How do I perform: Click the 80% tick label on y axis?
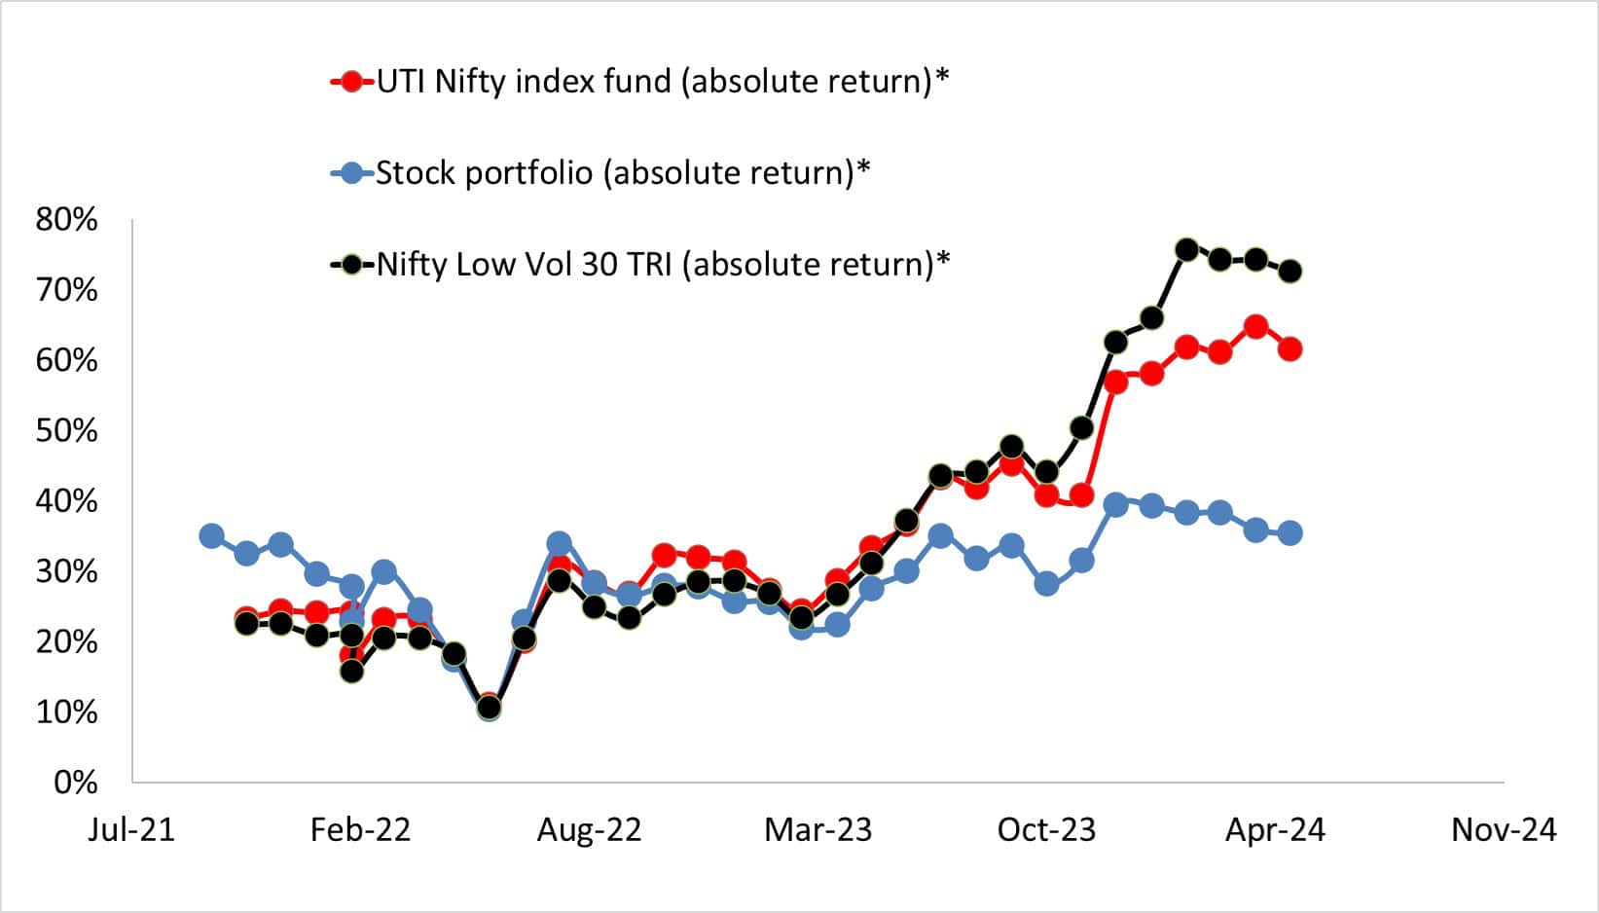click(66, 220)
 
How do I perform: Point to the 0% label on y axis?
click(75, 783)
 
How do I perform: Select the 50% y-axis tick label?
click(66, 430)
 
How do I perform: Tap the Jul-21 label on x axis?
click(131, 830)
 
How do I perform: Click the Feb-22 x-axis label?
click(360, 830)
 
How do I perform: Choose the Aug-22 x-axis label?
click(589, 830)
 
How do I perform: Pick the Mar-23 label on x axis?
click(818, 830)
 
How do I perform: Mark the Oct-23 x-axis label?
click(1046, 830)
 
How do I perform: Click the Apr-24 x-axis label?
click(1275, 830)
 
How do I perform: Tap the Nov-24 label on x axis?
click(1504, 830)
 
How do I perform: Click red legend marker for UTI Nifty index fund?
click(352, 82)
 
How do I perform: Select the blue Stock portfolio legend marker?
click(352, 174)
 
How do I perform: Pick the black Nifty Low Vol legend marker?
click(352, 265)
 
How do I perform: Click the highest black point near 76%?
click(1186, 250)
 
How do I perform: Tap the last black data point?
click(1290, 272)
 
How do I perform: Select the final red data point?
click(1290, 349)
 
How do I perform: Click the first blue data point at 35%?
click(211, 535)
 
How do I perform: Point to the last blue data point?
click(1290, 532)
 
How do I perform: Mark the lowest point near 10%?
click(489, 708)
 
